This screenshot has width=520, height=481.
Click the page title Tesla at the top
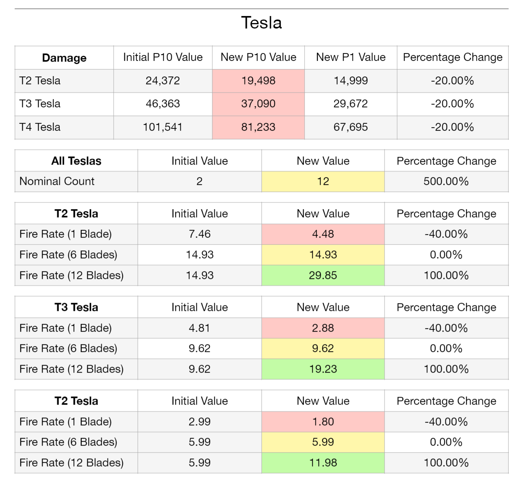pyautogui.click(x=261, y=23)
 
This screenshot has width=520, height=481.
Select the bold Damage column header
pyautogui.click(x=64, y=58)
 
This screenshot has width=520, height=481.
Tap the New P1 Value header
pyautogui.click(x=351, y=57)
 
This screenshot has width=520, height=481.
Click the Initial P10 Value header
pyautogui.click(x=163, y=57)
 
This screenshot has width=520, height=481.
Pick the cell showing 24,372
pyautogui.click(x=163, y=81)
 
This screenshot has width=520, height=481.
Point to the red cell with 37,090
pyautogui.click(x=258, y=104)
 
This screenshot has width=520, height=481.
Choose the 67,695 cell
pyautogui.click(x=351, y=127)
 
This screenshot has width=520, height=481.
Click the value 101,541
pyautogui.click(x=163, y=127)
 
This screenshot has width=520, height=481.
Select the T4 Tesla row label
pyautogui.click(x=40, y=127)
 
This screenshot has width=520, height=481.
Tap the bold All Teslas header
pyautogui.click(x=76, y=161)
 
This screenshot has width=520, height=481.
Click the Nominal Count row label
pyautogui.click(x=57, y=181)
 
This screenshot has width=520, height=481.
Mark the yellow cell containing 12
pyautogui.click(x=323, y=182)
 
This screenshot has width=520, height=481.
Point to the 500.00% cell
pyautogui.click(x=446, y=182)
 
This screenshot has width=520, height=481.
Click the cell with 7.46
pyautogui.click(x=199, y=234)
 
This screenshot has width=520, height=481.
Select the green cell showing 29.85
pyautogui.click(x=323, y=275)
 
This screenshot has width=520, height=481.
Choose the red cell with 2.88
pyautogui.click(x=323, y=328)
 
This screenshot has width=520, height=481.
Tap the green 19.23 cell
pyautogui.click(x=323, y=369)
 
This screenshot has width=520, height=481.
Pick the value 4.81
pyautogui.click(x=199, y=328)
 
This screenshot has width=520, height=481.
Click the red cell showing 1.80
pyautogui.click(x=323, y=422)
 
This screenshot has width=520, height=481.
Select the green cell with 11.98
pyautogui.click(x=323, y=463)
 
